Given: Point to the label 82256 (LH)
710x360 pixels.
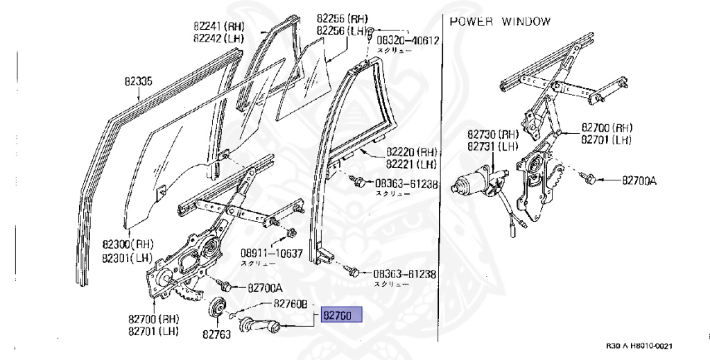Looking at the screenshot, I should [x=342, y=31].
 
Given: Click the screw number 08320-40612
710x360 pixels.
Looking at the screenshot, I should [x=408, y=40].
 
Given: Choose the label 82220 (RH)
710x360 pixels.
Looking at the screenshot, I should [x=412, y=152].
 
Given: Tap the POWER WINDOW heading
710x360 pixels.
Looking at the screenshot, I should [x=500, y=22].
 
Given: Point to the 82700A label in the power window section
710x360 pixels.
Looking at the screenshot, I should [x=639, y=180].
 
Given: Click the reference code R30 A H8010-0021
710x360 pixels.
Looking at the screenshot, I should [x=639, y=346].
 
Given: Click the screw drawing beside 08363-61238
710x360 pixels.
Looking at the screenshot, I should [x=360, y=182].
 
